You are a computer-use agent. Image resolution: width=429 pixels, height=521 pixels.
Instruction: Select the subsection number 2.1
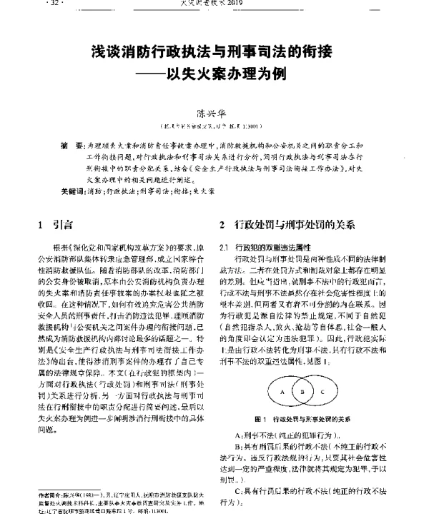(x=223, y=247)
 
